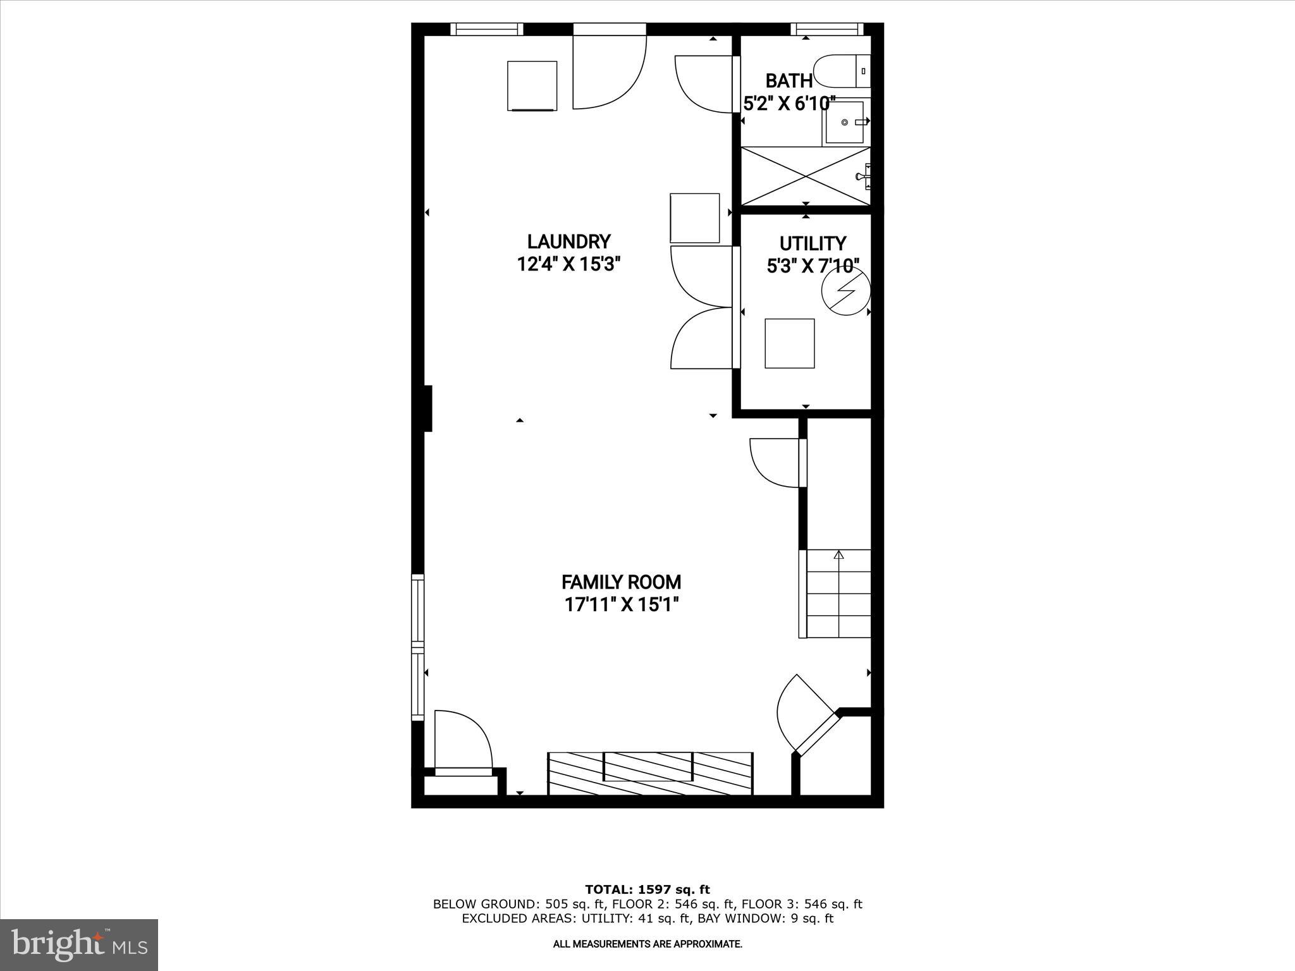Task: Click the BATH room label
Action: [x=789, y=81]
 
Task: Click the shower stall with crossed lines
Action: [x=805, y=176]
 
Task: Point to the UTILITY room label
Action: [x=813, y=243]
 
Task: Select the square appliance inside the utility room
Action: [x=789, y=343]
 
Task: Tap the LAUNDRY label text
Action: [x=568, y=241]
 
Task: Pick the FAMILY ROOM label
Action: [x=621, y=582]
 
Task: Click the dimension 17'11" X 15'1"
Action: [x=621, y=605]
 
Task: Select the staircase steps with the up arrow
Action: [x=838, y=594]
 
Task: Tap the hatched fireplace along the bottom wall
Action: [x=650, y=773]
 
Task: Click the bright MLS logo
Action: [x=79, y=944]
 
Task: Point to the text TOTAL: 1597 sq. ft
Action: [x=647, y=889]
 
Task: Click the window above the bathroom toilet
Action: [x=826, y=28]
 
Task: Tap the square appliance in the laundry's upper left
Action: [x=532, y=85]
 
